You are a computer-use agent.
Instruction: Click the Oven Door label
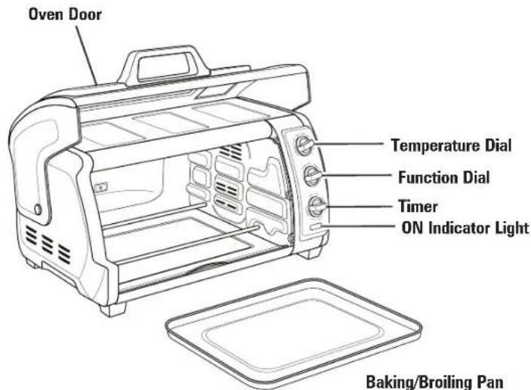(65, 14)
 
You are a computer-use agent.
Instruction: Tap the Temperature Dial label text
(451, 146)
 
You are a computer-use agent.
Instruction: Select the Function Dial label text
(444, 177)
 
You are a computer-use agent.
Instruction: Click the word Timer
(418, 207)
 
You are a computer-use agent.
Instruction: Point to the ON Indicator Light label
(465, 228)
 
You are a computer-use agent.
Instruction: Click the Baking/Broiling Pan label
(434, 382)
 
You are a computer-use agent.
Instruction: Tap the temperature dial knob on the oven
(304, 145)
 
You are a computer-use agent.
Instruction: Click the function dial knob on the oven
(312, 175)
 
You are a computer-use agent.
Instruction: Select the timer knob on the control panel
(316, 206)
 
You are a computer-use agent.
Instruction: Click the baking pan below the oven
(294, 333)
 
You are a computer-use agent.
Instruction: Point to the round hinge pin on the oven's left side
(38, 210)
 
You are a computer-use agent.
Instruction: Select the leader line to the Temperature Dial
(349, 144)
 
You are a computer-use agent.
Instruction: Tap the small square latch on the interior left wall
(101, 187)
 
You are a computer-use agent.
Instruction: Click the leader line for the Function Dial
(357, 175)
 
